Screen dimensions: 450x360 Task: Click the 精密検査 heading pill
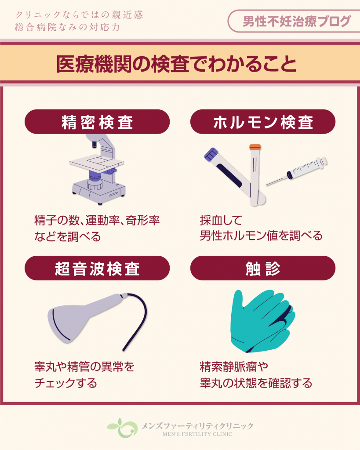coord(97,122)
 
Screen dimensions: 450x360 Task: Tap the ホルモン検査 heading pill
coord(263,122)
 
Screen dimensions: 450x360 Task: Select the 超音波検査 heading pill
coord(97,268)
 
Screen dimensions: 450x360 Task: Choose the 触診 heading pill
coord(263,268)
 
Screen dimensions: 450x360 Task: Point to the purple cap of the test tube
coord(211,154)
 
